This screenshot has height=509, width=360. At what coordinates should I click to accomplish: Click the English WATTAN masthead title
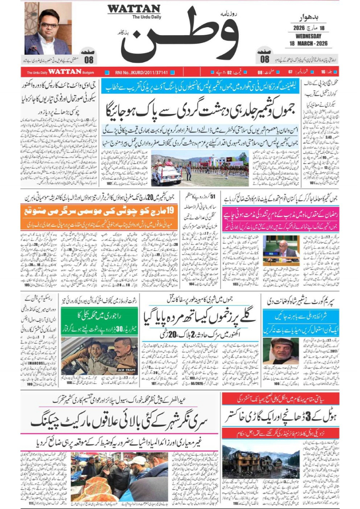tap(134, 8)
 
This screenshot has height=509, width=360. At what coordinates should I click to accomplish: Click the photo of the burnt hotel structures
tap(260, 461)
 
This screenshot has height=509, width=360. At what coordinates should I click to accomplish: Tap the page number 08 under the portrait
tap(89, 60)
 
